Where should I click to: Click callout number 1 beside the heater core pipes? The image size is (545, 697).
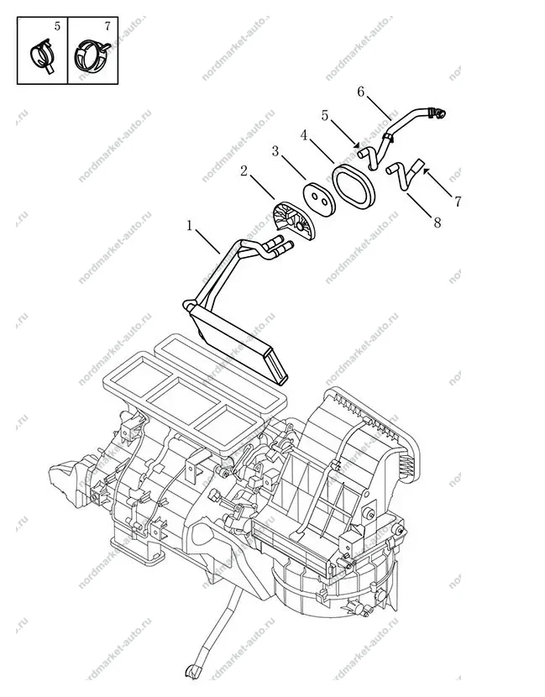click(190, 226)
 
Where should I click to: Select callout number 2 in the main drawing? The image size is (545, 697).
click(244, 170)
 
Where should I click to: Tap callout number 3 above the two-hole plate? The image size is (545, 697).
click(275, 152)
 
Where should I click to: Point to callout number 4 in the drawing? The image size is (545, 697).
click(304, 134)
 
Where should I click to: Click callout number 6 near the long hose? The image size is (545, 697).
click(360, 92)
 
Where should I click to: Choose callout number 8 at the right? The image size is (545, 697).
click(438, 223)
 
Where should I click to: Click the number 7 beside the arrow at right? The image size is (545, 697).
click(458, 202)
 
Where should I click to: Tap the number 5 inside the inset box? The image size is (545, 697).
click(57, 26)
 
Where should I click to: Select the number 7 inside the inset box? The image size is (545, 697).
click(107, 26)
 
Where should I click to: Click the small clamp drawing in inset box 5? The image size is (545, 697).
click(42, 55)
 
